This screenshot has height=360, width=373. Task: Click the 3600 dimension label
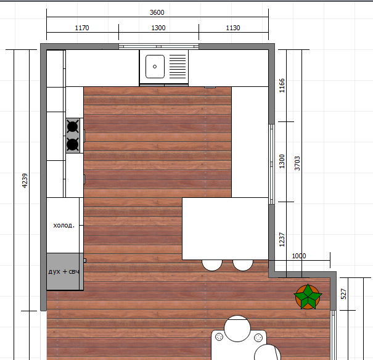(x=157, y=12)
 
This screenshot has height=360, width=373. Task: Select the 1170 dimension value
(x=82, y=28)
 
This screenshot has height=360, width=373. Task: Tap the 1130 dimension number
(x=233, y=28)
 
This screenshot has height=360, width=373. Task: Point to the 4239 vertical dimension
(x=25, y=181)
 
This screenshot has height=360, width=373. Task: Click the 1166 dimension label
(x=282, y=85)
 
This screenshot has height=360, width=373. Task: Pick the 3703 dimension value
(x=297, y=163)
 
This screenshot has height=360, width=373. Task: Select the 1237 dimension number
(x=282, y=240)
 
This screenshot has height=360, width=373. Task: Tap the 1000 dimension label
(x=299, y=256)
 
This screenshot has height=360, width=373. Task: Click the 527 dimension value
(x=343, y=294)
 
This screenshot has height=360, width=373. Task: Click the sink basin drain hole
(x=155, y=67)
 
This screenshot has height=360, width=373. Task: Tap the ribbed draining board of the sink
(x=178, y=67)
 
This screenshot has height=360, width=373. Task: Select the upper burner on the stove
(x=73, y=126)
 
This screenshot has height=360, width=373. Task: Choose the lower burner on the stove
(x=73, y=144)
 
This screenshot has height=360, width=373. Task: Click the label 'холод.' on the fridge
(x=64, y=225)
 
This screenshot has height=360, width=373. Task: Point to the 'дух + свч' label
(x=64, y=271)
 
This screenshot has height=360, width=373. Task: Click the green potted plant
(x=308, y=297)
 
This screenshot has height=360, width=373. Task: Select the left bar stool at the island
(x=212, y=265)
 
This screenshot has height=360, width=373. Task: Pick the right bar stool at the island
(x=243, y=265)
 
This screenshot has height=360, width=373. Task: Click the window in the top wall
(x=158, y=46)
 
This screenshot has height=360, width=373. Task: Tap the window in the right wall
(x=272, y=164)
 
